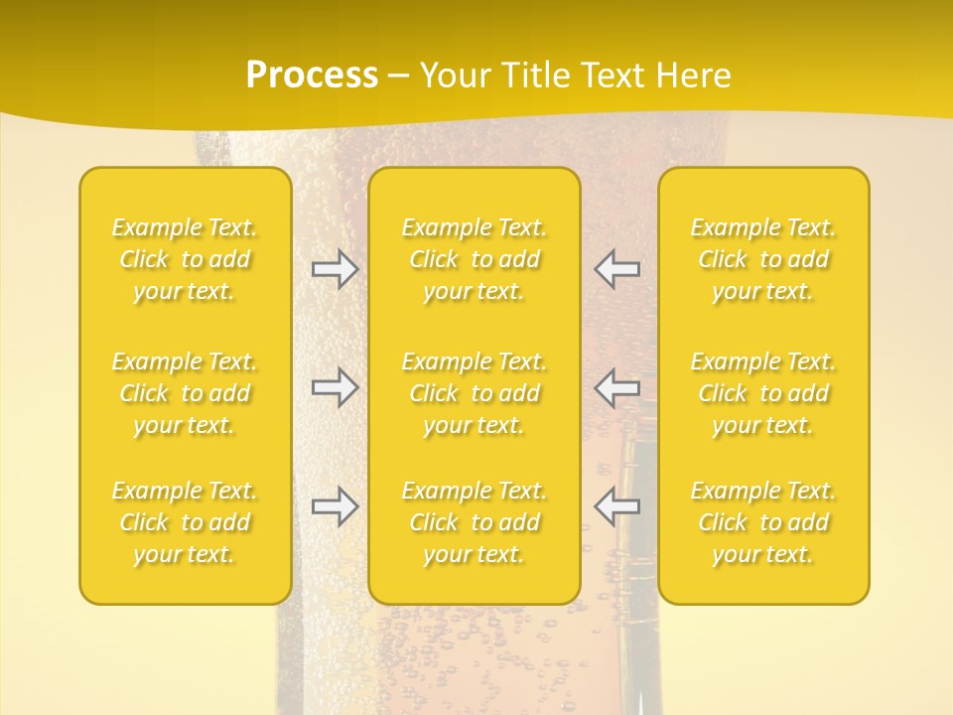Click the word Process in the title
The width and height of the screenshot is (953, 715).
click(x=312, y=75)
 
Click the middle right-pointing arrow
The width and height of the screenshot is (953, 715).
click(x=335, y=387)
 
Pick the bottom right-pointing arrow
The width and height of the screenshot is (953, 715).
click(x=335, y=506)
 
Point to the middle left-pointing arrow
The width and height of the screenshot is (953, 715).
click(x=616, y=387)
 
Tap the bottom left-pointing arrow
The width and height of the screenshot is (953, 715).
click(x=616, y=506)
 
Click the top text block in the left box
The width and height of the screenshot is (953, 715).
click(x=185, y=259)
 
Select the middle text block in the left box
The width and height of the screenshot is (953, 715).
click(x=185, y=393)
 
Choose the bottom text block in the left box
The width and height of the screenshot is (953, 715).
click(x=185, y=522)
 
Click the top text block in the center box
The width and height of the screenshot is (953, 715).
click(x=475, y=259)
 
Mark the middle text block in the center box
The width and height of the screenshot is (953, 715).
click(x=475, y=393)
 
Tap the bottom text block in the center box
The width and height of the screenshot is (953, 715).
click(x=475, y=522)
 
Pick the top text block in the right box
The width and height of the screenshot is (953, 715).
click(x=763, y=259)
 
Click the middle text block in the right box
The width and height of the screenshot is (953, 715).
click(x=763, y=393)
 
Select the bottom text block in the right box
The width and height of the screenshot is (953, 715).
click(x=763, y=522)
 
